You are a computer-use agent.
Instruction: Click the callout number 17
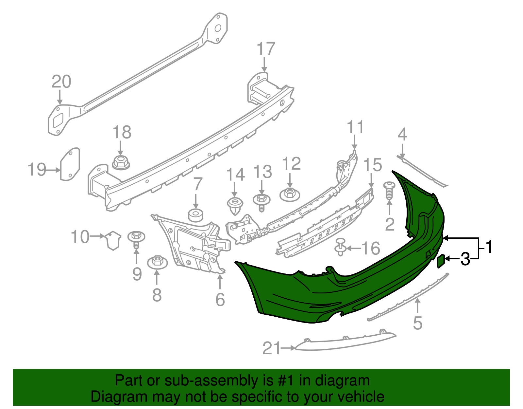pyautogui.click(x=266, y=49)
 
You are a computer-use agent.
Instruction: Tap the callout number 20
pyautogui.click(x=61, y=82)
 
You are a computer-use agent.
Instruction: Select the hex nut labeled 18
pyautogui.click(x=121, y=162)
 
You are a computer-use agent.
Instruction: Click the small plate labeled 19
pyautogui.click(x=70, y=164)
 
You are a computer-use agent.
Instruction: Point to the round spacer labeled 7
pyautogui.click(x=195, y=215)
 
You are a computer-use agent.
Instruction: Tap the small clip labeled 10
pyautogui.click(x=113, y=240)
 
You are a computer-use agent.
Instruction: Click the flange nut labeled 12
pyautogui.click(x=290, y=194)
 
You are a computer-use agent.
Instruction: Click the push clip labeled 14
pyautogui.click(x=235, y=205)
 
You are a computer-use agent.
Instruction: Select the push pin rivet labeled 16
pyautogui.click(x=341, y=248)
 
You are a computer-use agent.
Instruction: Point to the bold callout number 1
pyautogui.click(x=489, y=247)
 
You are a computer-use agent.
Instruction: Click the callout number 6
pyautogui.click(x=220, y=299)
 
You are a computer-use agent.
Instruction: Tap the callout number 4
pyautogui.click(x=402, y=135)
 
